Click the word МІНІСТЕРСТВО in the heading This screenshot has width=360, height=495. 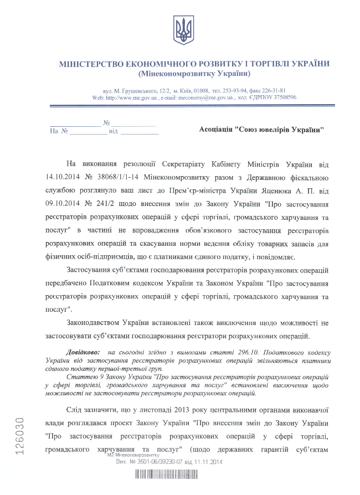click(x=94, y=64)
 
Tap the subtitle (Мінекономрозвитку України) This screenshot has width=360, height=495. click(x=194, y=73)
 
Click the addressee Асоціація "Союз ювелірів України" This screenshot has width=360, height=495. click(x=261, y=130)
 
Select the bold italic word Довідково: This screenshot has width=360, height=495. click(x=83, y=352)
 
